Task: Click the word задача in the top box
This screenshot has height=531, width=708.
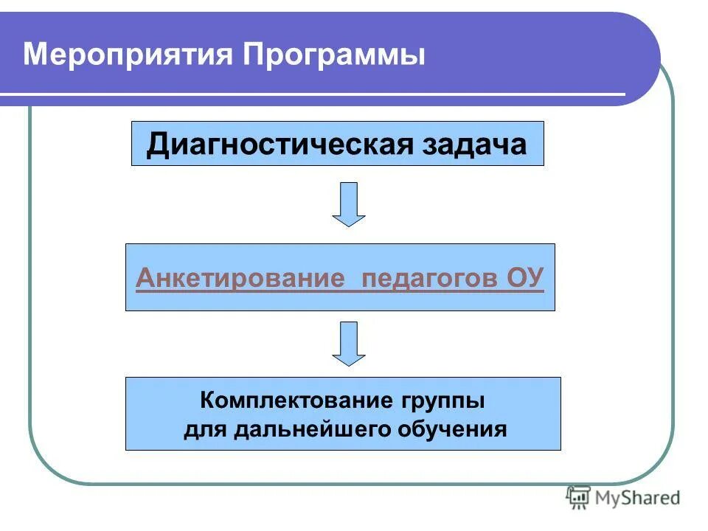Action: pos(475,145)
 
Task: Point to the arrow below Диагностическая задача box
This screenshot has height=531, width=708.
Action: pos(348,204)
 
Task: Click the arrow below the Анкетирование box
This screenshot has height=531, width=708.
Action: pos(348,343)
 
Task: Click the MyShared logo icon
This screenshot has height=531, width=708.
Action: pos(577,498)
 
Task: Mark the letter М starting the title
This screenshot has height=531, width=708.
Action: pos(35,56)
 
